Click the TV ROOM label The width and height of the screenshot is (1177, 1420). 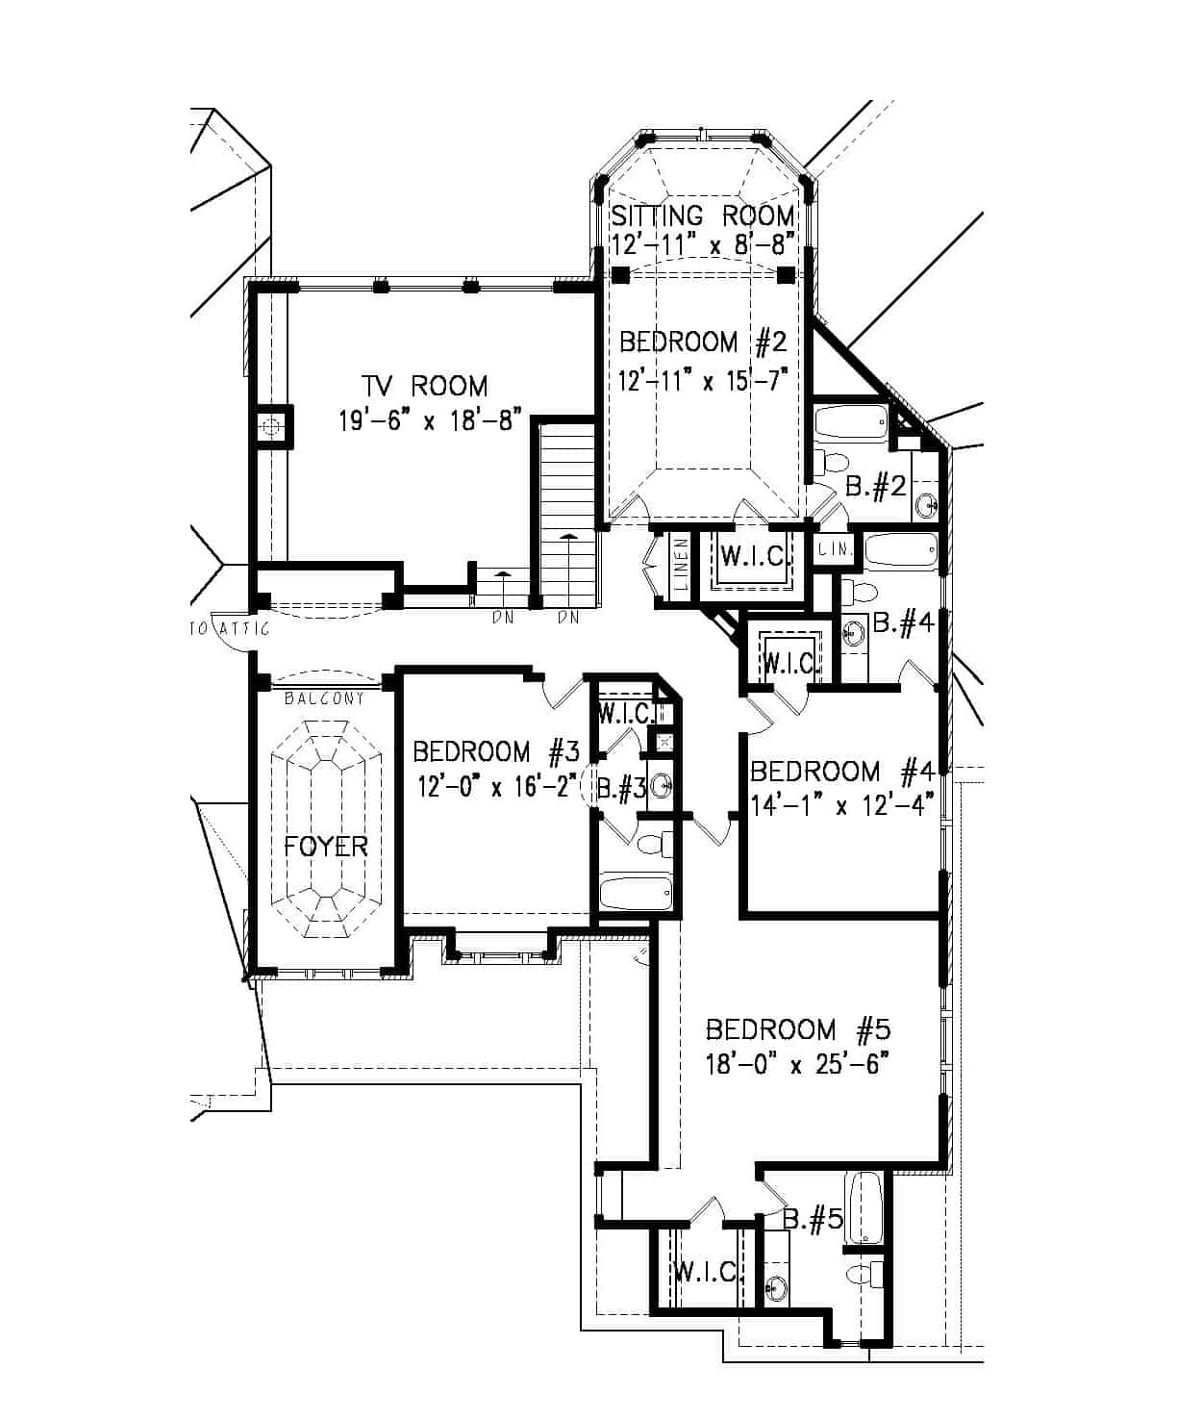(x=424, y=386)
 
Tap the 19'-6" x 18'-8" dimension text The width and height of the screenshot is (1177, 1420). (x=430, y=420)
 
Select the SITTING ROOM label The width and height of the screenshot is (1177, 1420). (x=703, y=215)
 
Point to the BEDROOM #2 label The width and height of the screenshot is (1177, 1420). (x=703, y=342)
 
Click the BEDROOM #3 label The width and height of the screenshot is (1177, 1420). (x=495, y=750)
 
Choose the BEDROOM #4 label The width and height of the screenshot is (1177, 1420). (x=841, y=771)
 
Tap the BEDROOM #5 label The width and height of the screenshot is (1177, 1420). (x=798, y=1029)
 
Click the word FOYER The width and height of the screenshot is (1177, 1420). (x=326, y=846)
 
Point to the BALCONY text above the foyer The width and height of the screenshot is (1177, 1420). (x=324, y=698)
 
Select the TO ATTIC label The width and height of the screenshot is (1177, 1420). (x=229, y=629)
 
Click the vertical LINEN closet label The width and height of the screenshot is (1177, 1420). (x=681, y=569)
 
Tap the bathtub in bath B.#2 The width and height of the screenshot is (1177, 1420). (x=852, y=422)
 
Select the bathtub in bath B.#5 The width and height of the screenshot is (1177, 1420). (x=864, y=1206)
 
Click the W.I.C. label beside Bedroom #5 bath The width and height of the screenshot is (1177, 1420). (x=707, y=1272)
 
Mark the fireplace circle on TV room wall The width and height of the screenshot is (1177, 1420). (x=273, y=425)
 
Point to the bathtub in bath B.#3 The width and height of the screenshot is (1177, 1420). (x=636, y=893)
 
